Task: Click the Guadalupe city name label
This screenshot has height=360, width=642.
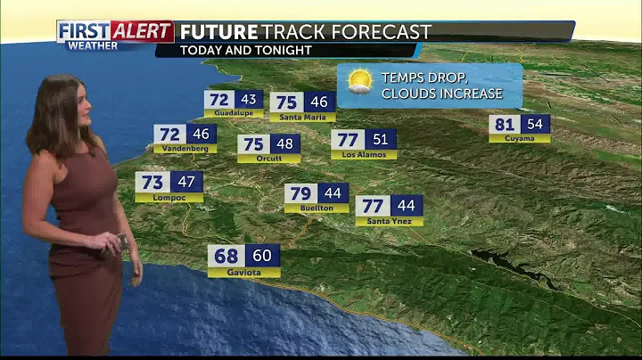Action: pyautogui.click(x=234, y=114)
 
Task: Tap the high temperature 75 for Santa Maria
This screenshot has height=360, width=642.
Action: pyautogui.click(x=286, y=102)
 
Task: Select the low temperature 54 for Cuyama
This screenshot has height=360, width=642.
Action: pyautogui.click(x=536, y=125)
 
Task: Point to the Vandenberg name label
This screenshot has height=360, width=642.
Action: pyautogui.click(x=185, y=149)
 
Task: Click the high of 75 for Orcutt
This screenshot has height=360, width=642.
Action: pyautogui.click(x=253, y=144)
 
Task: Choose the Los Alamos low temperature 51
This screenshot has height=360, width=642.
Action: pyautogui.click(x=380, y=139)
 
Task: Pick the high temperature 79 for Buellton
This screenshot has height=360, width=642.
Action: pyautogui.click(x=300, y=193)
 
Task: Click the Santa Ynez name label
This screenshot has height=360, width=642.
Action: pyautogui.click(x=389, y=221)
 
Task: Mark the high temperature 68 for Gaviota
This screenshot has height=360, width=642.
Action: pyautogui.click(x=226, y=256)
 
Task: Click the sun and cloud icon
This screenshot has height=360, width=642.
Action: pyautogui.click(x=359, y=82)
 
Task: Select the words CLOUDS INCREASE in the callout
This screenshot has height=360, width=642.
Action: pyautogui.click(x=440, y=93)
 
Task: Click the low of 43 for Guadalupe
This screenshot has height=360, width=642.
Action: pyautogui.click(x=248, y=100)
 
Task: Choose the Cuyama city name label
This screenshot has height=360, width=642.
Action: pyautogui.click(x=519, y=138)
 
